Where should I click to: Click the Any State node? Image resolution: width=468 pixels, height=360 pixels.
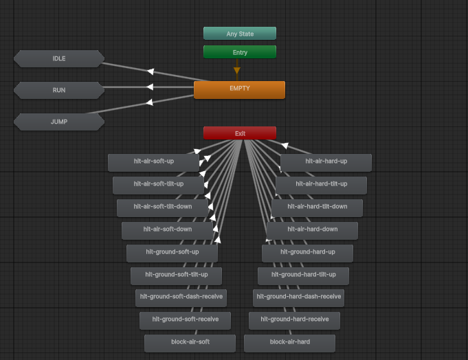pyautogui.click(x=239, y=33)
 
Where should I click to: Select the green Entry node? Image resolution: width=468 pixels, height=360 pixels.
pyautogui.click(x=239, y=52)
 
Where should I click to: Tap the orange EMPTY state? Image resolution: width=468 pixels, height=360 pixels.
pyautogui.click(x=239, y=89)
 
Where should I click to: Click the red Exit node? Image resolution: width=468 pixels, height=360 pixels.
pyautogui.click(x=239, y=133)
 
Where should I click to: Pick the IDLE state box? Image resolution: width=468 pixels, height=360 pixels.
pyautogui.click(x=59, y=58)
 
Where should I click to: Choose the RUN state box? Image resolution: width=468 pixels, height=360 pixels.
pyautogui.click(x=59, y=90)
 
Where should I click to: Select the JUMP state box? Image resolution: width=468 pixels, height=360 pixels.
pyautogui.click(x=59, y=122)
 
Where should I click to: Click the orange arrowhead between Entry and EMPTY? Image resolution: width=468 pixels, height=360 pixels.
pyautogui.click(x=237, y=70)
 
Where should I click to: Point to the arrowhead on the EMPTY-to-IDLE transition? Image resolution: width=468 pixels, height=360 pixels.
pyautogui.click(x=150, y=71)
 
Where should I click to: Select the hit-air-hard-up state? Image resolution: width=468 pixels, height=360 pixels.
pyautogui.click(x=326, y=162)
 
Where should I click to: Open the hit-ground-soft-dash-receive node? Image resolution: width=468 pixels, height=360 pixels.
pyautogui.click(x=181, y=297)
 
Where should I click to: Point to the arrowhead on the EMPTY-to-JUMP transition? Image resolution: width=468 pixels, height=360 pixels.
pyautogui.click(x=150, y=102)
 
